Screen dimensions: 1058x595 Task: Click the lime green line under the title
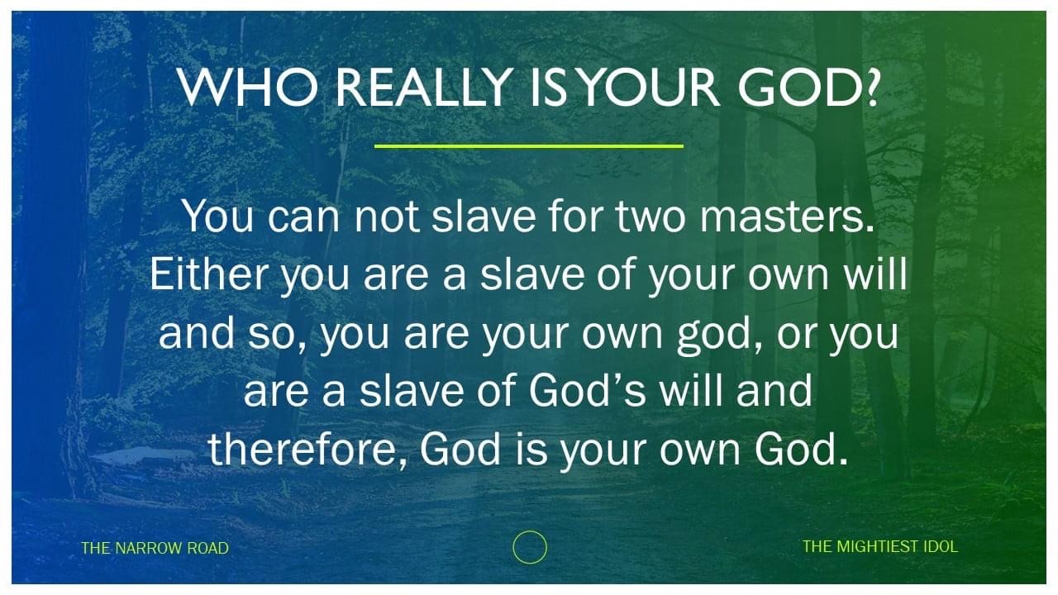coord(528,146)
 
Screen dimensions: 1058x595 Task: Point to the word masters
coord(788,217)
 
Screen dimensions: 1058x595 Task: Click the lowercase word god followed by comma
coord(719,336)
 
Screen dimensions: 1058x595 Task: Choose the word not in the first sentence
coord(387,217)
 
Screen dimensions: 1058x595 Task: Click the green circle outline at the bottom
coord(530,531)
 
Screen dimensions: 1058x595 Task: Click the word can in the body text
coord(303,220)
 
